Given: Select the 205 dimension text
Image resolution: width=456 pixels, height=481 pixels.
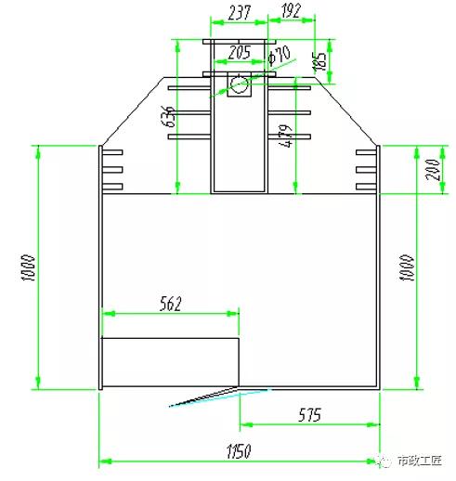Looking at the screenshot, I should [x=239, y=52].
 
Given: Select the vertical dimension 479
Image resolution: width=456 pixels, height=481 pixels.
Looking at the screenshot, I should [x=286, y=139].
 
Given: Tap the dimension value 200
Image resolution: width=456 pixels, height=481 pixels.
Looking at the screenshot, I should [x=433, y=170].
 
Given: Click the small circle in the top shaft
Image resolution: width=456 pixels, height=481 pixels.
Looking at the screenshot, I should [x=239, y=86].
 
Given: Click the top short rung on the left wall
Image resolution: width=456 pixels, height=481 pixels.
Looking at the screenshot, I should [x=112, y=152].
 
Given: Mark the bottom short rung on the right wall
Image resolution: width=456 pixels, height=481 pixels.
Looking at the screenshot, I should [x=367, y=187].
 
